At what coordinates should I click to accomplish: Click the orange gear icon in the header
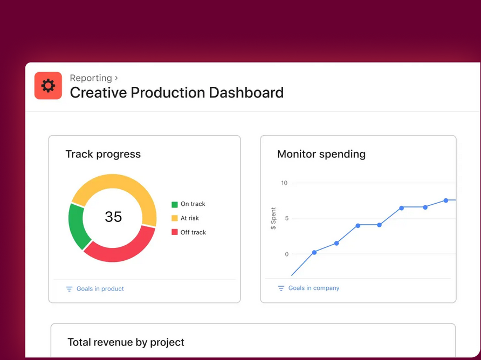click(48, 86)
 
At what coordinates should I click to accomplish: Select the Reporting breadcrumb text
click(91, 78)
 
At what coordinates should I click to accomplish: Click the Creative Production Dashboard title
click(176, 93)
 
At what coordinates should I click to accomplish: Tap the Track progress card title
click(103, 154)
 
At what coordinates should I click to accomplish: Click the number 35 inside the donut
click(113, 217)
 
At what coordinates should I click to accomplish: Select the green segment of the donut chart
click(79, 225)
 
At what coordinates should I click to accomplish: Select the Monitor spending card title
click(321, 154)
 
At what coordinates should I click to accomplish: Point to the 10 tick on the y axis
click(284, 183)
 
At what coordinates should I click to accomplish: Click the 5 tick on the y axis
click(286, 218)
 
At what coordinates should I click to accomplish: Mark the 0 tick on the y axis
click(286, 254)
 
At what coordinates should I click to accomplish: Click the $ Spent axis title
click(273, 218)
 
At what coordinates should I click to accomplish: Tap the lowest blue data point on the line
click(314, 252)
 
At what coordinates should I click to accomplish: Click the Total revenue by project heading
click(126, 342)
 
